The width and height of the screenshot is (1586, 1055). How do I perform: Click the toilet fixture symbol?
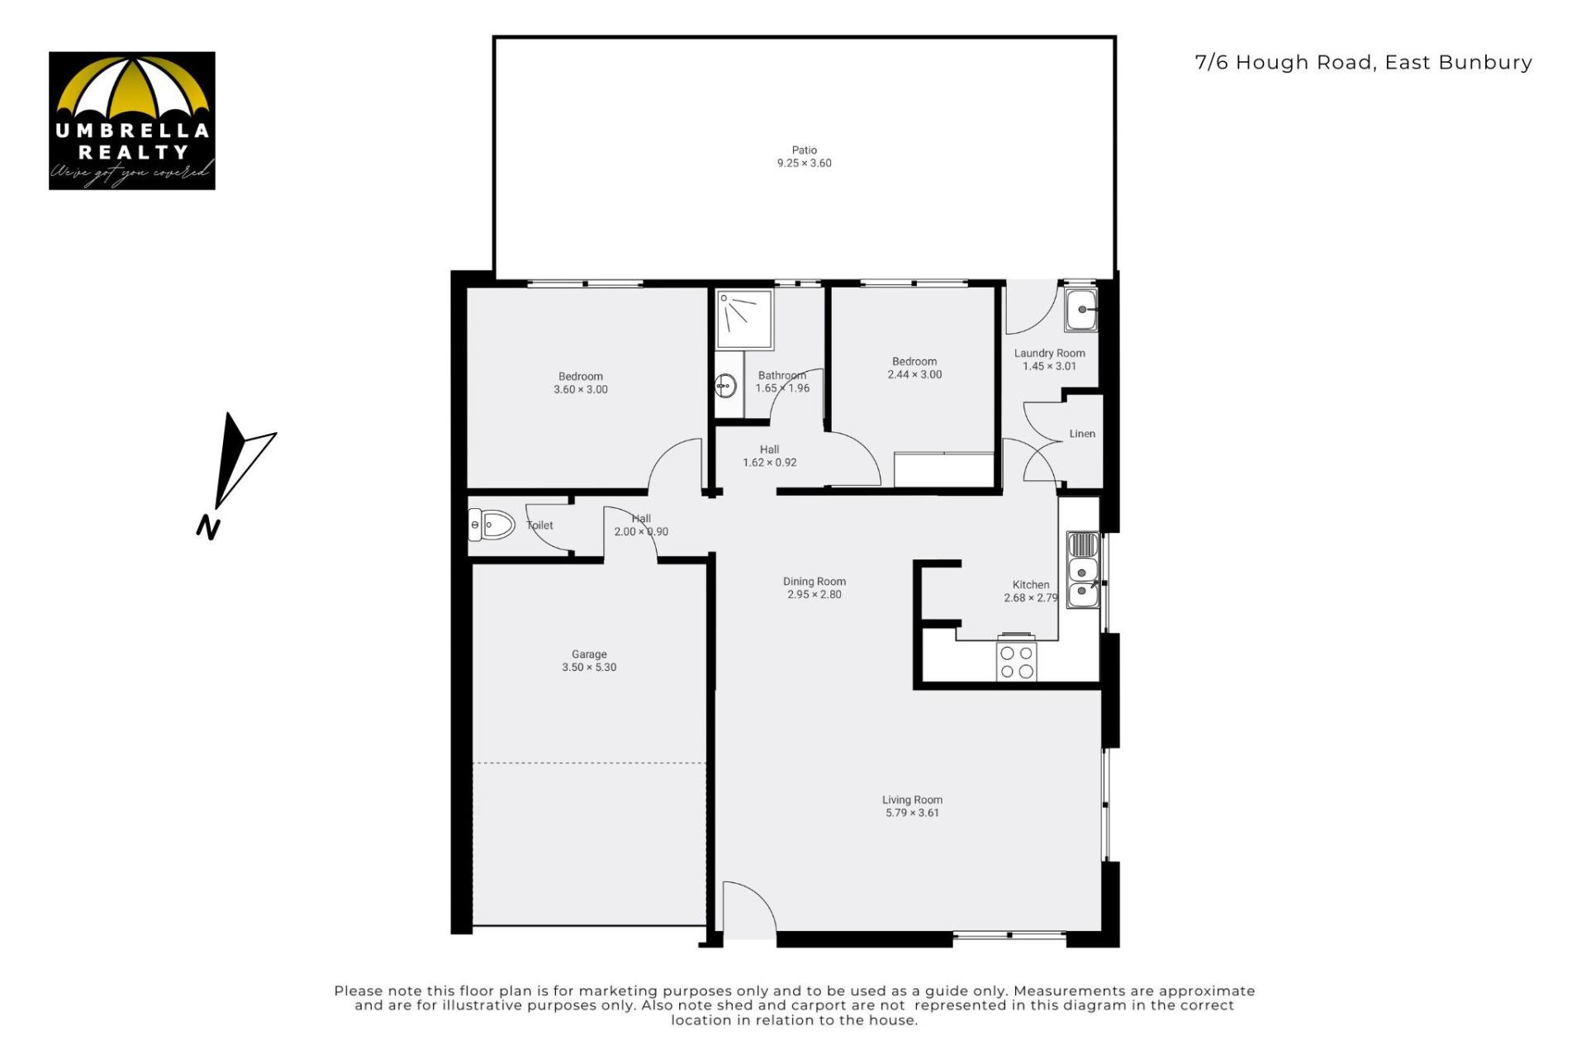click(x=491, y=524)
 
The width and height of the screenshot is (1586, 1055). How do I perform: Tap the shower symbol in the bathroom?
click(x=744, y=319)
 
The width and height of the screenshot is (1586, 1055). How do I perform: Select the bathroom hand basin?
click(x=726, y=385)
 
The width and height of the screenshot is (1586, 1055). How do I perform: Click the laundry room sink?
click(x=1080, y=310)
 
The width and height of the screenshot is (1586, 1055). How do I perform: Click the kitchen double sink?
click(x=1083, y=570)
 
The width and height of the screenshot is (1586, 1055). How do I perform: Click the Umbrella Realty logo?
click(x=132, y=121)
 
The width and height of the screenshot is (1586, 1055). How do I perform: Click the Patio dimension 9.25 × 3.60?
click(x=804, y=163)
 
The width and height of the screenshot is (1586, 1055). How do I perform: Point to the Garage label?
click(x=589, y=654)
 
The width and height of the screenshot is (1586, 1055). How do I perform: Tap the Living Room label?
click(x=912, y=800)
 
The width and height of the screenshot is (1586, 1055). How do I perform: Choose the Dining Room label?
click(x=814, y=582)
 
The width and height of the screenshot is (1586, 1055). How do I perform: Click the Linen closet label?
click(x=1082, y=434)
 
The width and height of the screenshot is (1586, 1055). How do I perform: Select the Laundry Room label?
click(x=1050, y=354)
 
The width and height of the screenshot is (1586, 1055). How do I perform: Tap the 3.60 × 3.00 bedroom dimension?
click(x=581, y=390)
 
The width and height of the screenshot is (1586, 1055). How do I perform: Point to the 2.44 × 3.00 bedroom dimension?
click(x=914, y=374)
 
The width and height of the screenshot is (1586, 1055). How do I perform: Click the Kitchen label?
click(x=1031, y=585)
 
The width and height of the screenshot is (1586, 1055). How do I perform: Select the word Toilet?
click(x=539, y=525)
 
